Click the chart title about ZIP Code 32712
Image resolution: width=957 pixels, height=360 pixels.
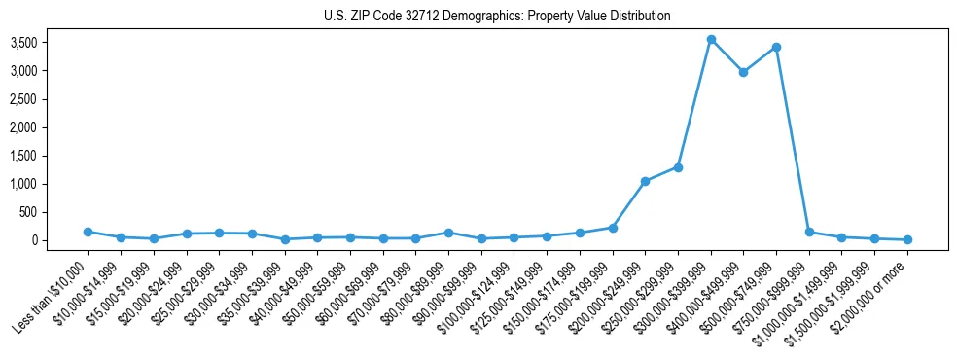497,17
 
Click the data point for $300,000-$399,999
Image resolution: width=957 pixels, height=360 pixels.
711,40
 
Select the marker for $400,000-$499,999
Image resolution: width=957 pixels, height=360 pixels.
744,72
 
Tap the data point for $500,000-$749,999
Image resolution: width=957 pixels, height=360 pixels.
776,47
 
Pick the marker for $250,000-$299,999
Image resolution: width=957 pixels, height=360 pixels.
678,167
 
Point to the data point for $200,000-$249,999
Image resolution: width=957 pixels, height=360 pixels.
645,181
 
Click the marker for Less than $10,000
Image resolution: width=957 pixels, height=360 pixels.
88,232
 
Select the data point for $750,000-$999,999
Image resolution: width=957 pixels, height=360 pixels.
809,232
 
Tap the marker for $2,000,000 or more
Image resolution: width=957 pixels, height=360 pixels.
907,239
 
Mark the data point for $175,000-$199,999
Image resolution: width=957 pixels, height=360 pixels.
613,228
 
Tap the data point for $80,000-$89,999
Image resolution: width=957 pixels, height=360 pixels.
448,233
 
